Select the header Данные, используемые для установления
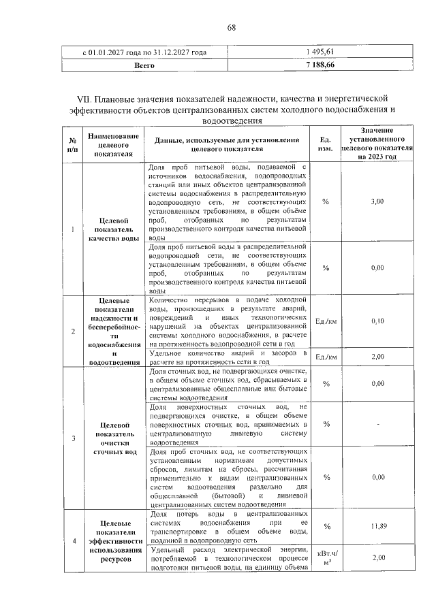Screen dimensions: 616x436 [x=228, y=140]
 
